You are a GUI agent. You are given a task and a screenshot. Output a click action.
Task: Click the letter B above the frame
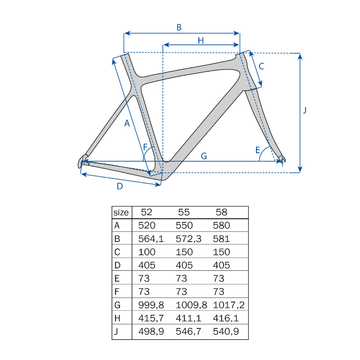tap(179, 27)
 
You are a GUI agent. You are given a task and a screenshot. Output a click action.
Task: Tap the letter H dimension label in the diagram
tap(201, 41)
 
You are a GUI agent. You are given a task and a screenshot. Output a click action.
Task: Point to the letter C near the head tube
tap(261, 66)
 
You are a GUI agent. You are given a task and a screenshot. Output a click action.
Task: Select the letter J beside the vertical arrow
tap(305, 110)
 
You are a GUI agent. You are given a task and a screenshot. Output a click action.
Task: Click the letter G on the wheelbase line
tap(204, 156)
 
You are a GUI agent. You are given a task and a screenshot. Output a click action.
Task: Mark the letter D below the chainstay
tap(120, 186)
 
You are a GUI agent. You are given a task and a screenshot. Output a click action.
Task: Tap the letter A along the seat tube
tap(127, 123)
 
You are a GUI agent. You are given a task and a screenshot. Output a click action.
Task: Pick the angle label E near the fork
tap(258, 150)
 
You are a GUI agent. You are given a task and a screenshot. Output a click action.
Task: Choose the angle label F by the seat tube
tap(145, 147)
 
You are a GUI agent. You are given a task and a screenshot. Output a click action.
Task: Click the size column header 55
tap(184, 212)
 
